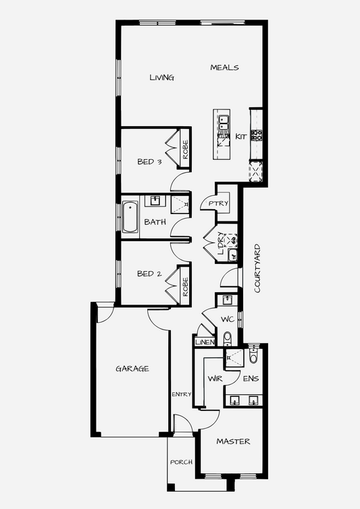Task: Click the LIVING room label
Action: (162, 78)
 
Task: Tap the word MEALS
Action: (224, 68)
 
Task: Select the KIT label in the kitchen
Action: (241, 136)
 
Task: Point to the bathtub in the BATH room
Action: (130, 217)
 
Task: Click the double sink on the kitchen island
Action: (223, 123)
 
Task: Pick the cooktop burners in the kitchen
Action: (257, 135)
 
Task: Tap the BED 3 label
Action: (149, 161)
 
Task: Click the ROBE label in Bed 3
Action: (185, 150)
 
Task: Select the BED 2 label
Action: (149, 273)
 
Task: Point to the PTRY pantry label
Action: (218, 204)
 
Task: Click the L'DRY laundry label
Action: (221, 243)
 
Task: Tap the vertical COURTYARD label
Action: (257, 269)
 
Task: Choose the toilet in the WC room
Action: (228, 339)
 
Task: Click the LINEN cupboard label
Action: (205, 342)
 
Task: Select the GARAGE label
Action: (132, 369)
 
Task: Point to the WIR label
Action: (215, 379)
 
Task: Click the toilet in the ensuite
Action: (253, 355)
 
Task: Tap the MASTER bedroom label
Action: (233, 441)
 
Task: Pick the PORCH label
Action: (181, 462)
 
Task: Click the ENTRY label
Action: (181, 394)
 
